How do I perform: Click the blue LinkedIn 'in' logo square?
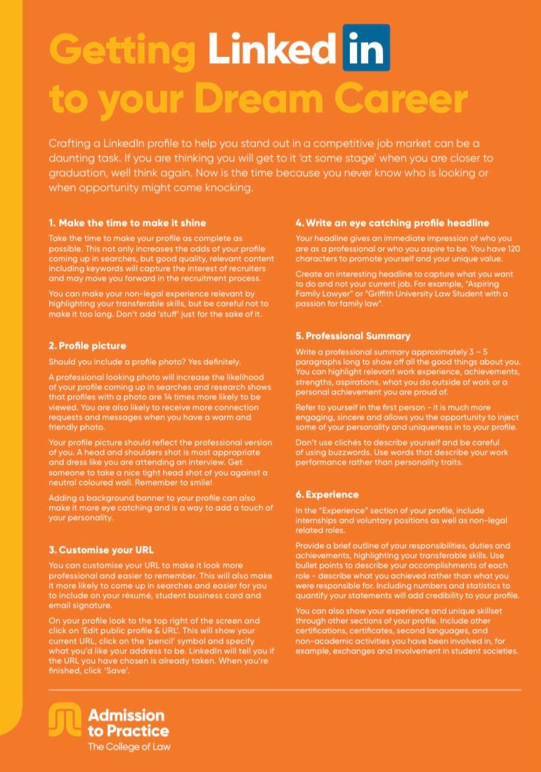[x=366, y=47]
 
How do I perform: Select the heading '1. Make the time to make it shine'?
[x=127, y=222]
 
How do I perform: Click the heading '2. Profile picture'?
[x=87, y=346]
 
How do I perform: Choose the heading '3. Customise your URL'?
[x=101, y=550]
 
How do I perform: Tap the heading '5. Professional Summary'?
[x=353, y=336]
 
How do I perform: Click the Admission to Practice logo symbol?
[x=65, y=721]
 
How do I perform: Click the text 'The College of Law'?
[x=129, y=747]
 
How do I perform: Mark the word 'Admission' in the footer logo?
[x=126, y=715]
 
